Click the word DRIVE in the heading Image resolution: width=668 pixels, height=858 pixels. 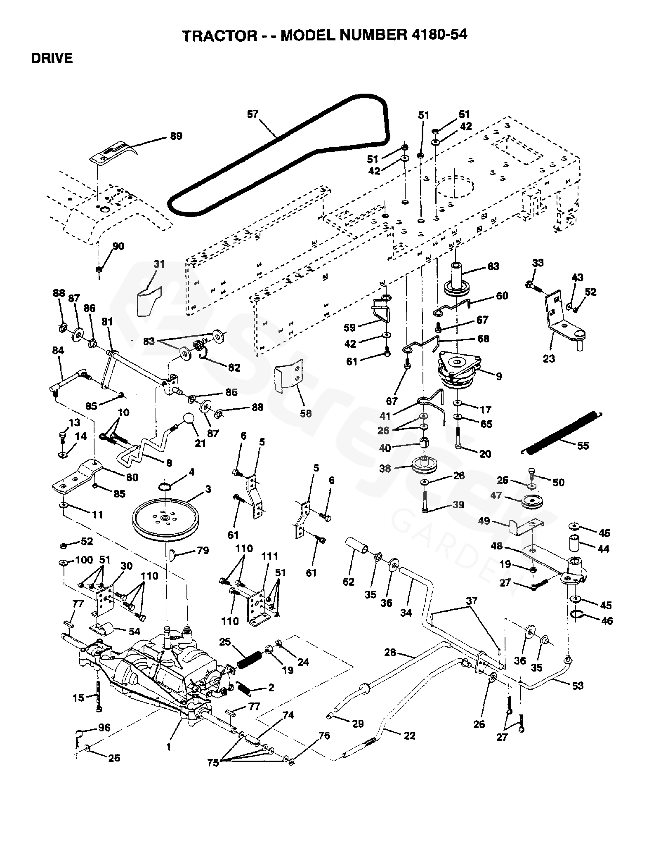(52, 59)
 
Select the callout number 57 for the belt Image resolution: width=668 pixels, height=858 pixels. (252, 114)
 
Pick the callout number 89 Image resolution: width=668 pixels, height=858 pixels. (176, 136)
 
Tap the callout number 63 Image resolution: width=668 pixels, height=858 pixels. (493, 266)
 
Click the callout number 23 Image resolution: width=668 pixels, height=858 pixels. (549, 358)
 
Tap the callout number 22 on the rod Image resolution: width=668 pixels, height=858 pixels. (409, 735)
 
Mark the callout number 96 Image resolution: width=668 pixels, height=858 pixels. (104, 728)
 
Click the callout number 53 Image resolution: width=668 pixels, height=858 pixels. (578, 685)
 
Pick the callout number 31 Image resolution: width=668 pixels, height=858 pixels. (159, 264)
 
